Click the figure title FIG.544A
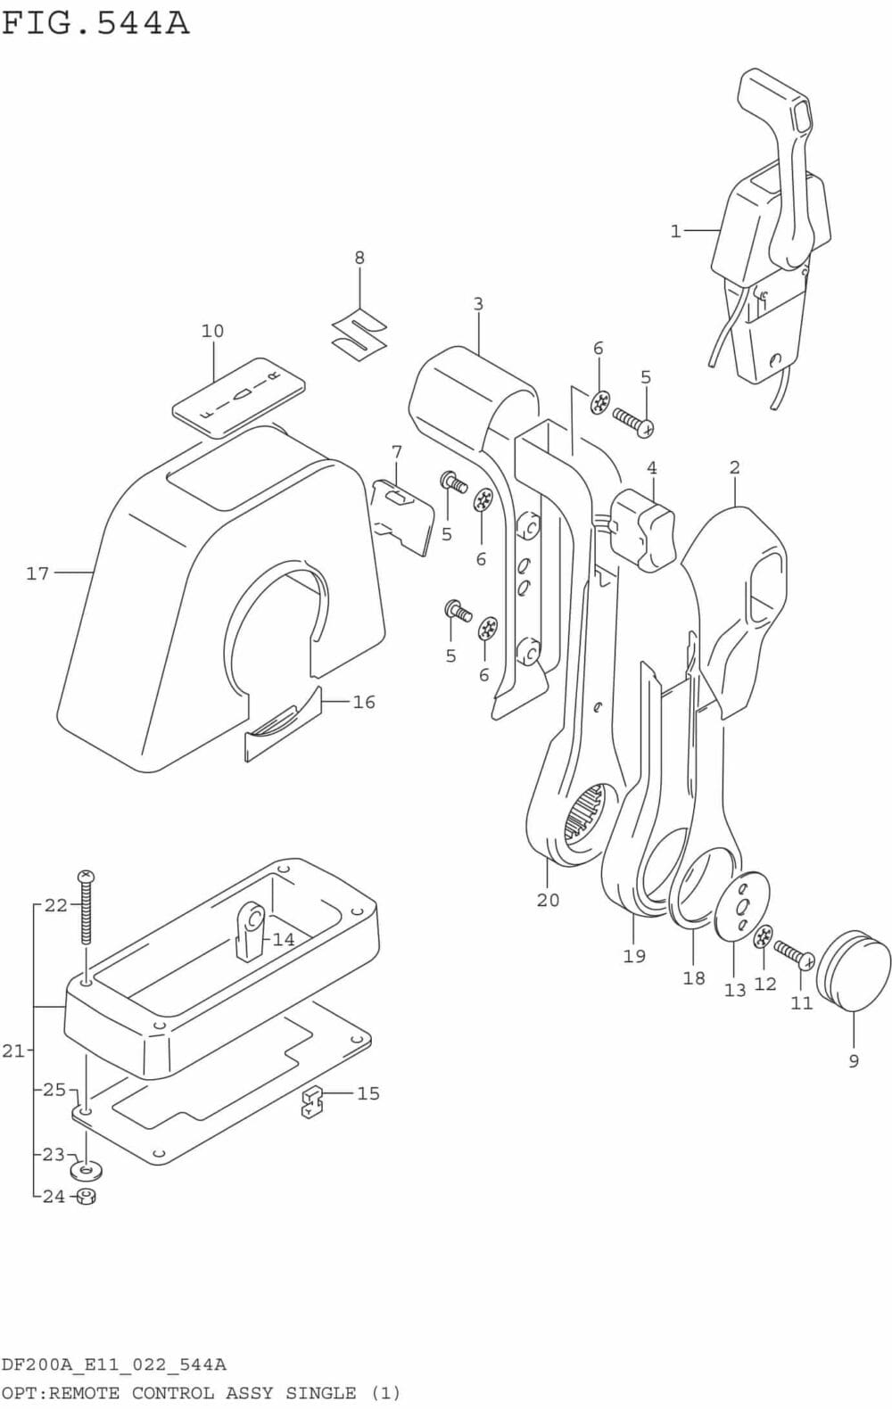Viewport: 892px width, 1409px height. pyautogui.click(x=95, y=22)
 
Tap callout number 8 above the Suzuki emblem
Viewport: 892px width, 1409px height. pyautogui.click(x=359, y=258)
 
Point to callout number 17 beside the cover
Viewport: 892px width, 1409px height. pyautogui.click(x=37, y=573)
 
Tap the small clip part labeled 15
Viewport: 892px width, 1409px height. pyautogui.click(x=311, y=1101)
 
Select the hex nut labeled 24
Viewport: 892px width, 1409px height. pyautogui.click(x=86, y=1196)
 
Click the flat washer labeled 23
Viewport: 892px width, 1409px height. pyautogui.click(x=86, y=1169)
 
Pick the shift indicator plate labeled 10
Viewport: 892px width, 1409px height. pyautogui.click(x=238, y=396)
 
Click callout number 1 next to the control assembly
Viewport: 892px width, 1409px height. pyautogui.click(x=675, y=231)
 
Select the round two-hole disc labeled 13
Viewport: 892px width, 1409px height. pyautogui.click(x=742, y=905)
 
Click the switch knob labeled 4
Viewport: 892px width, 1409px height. pyautogui.click(x=647, y=528)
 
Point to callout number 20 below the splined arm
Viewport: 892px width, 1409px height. pyautogui.click(x=548, y=899)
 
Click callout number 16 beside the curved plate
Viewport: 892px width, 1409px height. pyautogui.click(x=364, y=702)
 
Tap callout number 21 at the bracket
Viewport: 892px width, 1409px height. pyautogui.click(x=13, y=1051)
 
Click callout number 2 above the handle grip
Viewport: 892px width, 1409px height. pyautogui.click(x=734, y=467)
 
